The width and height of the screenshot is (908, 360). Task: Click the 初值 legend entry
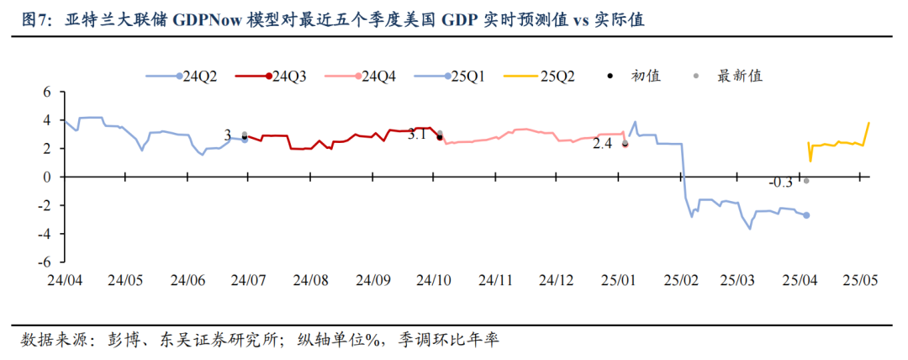point(636,77)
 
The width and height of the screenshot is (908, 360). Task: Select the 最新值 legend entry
point(729,77)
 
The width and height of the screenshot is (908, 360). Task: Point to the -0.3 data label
point(781,183)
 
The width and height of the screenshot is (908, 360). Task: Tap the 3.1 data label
point(419,135)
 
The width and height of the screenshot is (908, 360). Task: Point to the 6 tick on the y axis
point(48,93)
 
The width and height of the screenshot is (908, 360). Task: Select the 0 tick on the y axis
point(48,177)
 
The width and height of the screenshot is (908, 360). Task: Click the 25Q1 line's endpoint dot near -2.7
point(807,215)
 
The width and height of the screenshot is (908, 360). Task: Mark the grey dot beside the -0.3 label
point(806,181)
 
